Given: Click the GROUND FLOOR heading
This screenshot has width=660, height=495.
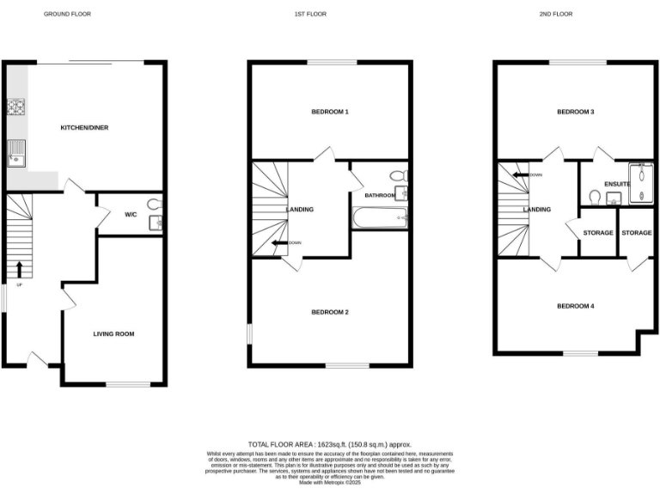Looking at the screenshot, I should click(x=67, y=15).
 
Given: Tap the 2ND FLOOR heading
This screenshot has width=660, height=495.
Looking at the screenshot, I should click(x=556, y=15).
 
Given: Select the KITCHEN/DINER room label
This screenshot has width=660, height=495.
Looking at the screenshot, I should click(x=84, y=128).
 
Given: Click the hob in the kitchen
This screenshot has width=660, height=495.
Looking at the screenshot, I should click(x=15, y=107).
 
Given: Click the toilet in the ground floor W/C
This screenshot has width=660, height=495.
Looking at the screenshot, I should click(x=154, y=205).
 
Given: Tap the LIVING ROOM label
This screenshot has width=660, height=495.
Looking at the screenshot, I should click(x=113, y=333).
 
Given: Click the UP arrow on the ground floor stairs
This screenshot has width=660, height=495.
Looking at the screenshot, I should click(x=19, y=268).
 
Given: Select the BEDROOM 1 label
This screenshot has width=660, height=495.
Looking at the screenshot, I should click(x=330, y=113).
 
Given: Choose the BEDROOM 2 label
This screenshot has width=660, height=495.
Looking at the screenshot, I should click(x=330, y=312).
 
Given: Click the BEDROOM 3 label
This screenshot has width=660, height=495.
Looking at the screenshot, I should click(x=576, y=113).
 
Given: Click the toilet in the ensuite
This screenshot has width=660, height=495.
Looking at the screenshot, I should click(x=593, y=197).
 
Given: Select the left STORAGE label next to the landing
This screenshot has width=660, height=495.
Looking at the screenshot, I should click(x=598, y=233).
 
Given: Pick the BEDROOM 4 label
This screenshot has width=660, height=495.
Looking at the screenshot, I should click(x=575, y=306).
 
